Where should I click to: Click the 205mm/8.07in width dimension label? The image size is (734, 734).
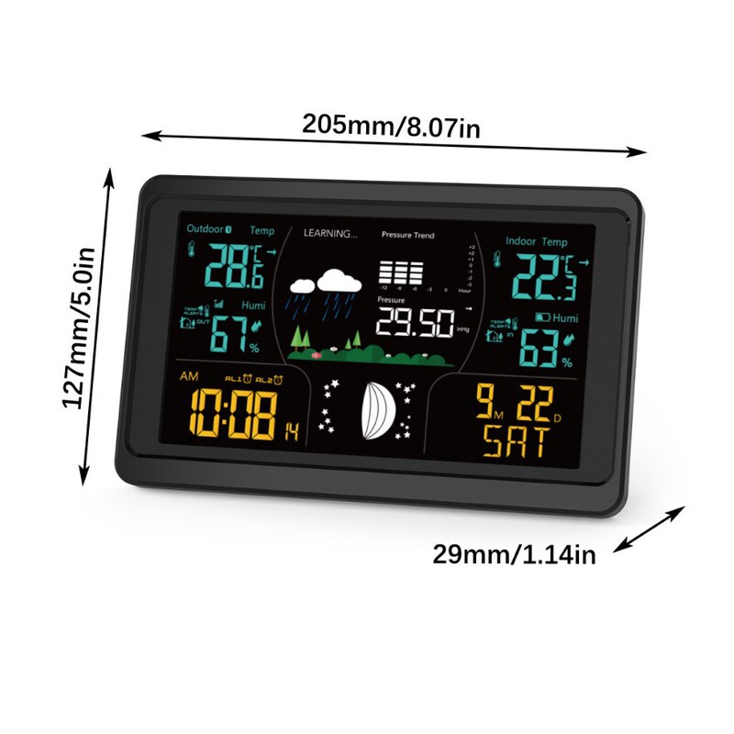pos(392,127)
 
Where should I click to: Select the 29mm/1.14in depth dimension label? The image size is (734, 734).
pos(515,554)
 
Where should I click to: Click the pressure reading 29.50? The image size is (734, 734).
pos(415,321)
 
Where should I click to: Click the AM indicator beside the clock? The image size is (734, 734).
pos(189,377)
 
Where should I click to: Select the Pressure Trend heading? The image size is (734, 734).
pos(407,236)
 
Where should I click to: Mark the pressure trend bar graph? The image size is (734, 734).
pos(401,272)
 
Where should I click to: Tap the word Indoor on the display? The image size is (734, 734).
pos(521,241)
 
